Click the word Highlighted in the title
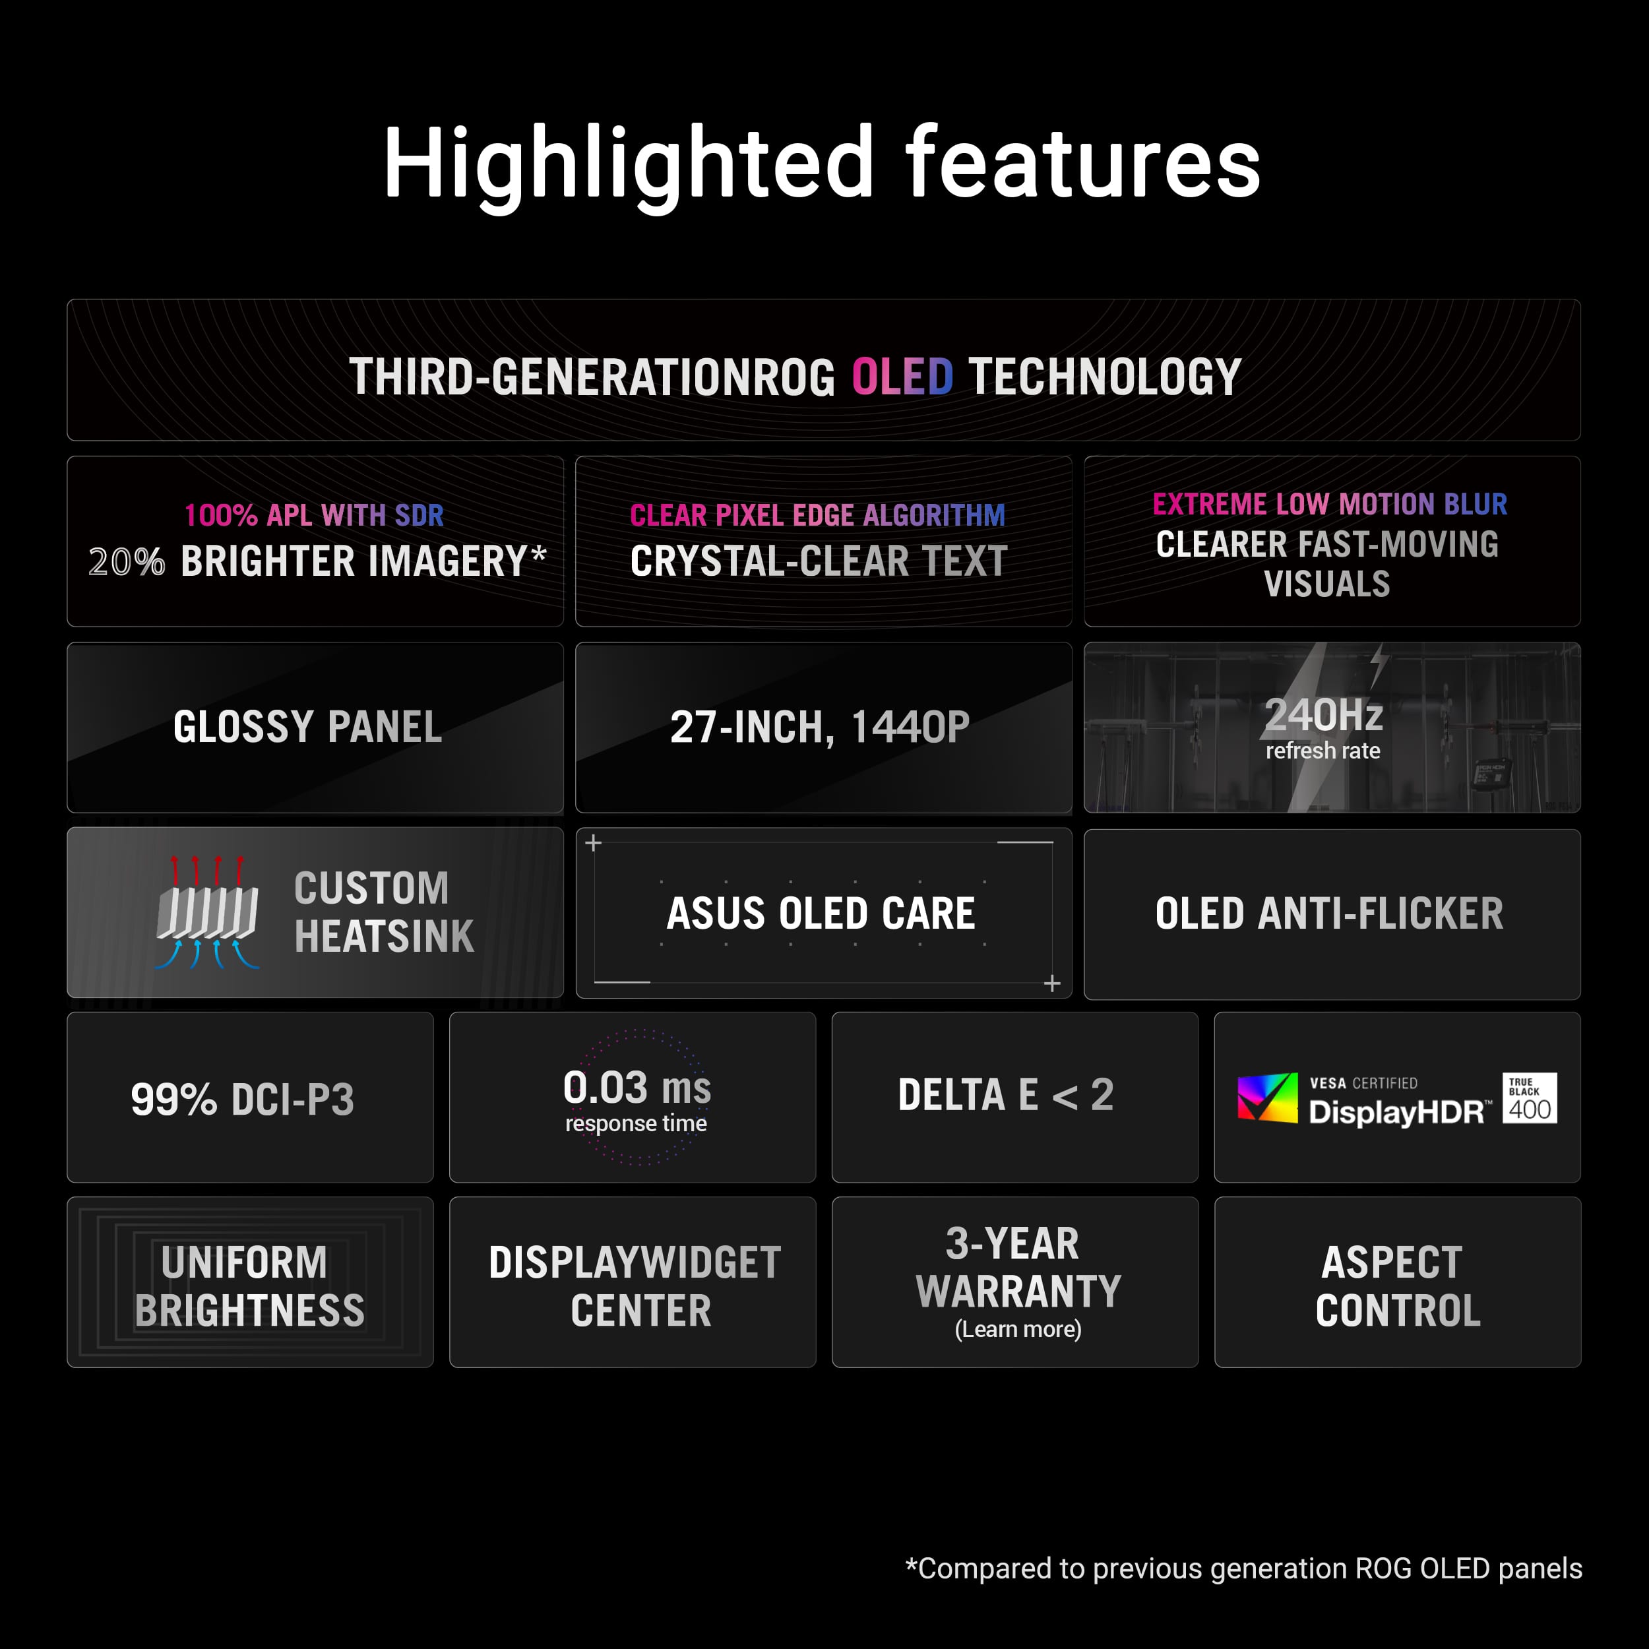point(627,162)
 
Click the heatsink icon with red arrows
point(207,912)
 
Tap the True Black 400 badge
point(1530,1098)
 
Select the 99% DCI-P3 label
point(242,1100)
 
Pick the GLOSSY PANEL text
point(307,727)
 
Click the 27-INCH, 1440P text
point(819,727)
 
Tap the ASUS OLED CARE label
point(821,914)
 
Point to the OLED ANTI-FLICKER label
point(1329,914)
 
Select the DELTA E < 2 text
point(1005,1095)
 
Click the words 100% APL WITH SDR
point(314,514)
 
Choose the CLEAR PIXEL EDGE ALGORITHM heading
point(817,514)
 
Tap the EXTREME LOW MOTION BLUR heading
point(1329,503)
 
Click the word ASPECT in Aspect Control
point(1391,1262)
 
